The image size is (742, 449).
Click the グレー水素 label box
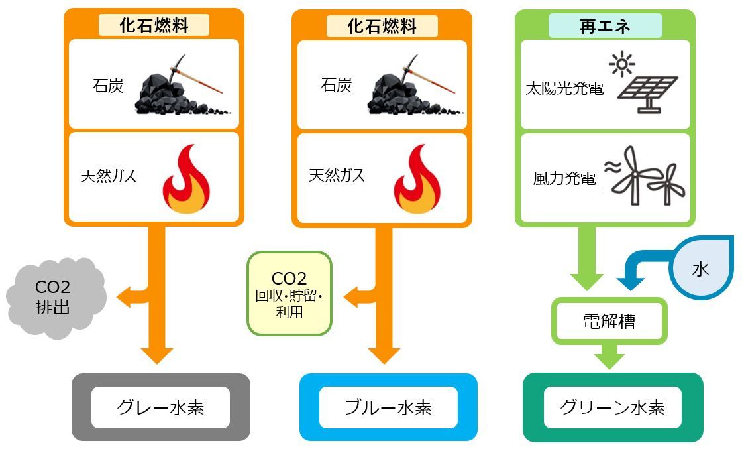pyautogui.click(x=160, y=407)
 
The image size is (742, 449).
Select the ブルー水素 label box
pyautogui.click(x=388, y=407)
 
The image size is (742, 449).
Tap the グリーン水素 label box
pyautogui.click(x=612, y=407)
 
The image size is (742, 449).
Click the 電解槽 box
pyautogui.click(x=608, y=322)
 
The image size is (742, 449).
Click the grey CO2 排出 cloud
pyautogui.click(x=56, y=297)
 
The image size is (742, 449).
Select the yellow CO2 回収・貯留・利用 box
pyautogui.click(x=289, y=293)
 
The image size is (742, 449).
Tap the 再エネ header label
pyautogui.click(x=604, y=26)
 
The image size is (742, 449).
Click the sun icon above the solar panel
pyautogui.click(x=621, y=64)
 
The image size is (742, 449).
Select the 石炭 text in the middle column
pyautogui.click(x=337, y=86)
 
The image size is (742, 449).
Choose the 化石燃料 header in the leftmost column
pyautogui.click(x=154, y=26)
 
